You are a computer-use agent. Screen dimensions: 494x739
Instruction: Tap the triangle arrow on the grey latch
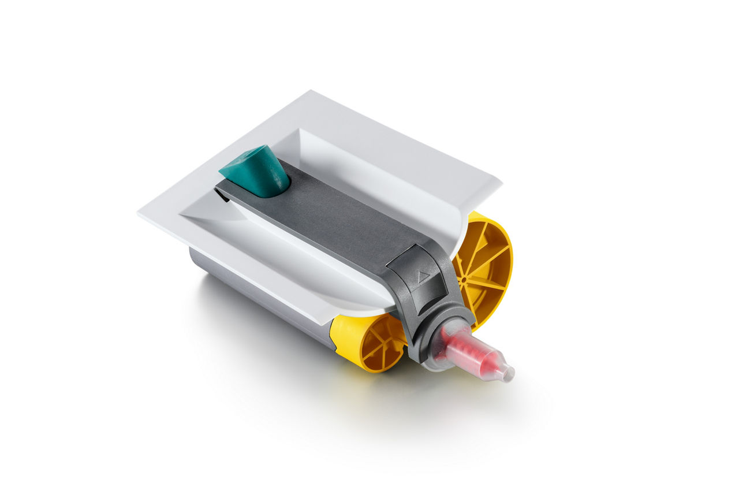click(423, 277)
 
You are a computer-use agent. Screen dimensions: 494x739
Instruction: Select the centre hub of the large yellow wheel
click(463, 279)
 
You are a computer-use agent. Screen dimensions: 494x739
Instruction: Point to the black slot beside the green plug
click(222, 196)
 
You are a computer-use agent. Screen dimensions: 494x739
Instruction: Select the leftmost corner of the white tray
click(139, 214)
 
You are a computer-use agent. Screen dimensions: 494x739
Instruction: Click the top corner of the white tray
click(311, 91)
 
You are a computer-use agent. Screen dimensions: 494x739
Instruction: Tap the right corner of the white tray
click(500, 186)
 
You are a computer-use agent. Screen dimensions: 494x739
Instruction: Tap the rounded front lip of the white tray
click(346, 300)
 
